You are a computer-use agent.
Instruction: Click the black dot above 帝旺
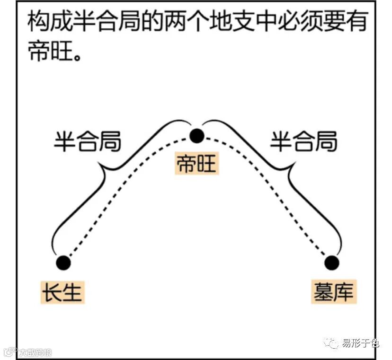196,136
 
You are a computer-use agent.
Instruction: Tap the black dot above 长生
63,263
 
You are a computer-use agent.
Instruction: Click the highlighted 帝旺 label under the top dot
197,164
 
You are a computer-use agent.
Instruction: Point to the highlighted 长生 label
62,292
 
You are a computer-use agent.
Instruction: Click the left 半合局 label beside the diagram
87,141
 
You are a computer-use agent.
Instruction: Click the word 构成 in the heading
44,23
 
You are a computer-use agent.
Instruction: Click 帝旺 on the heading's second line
44,50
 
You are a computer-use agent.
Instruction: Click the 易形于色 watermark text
361,343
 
